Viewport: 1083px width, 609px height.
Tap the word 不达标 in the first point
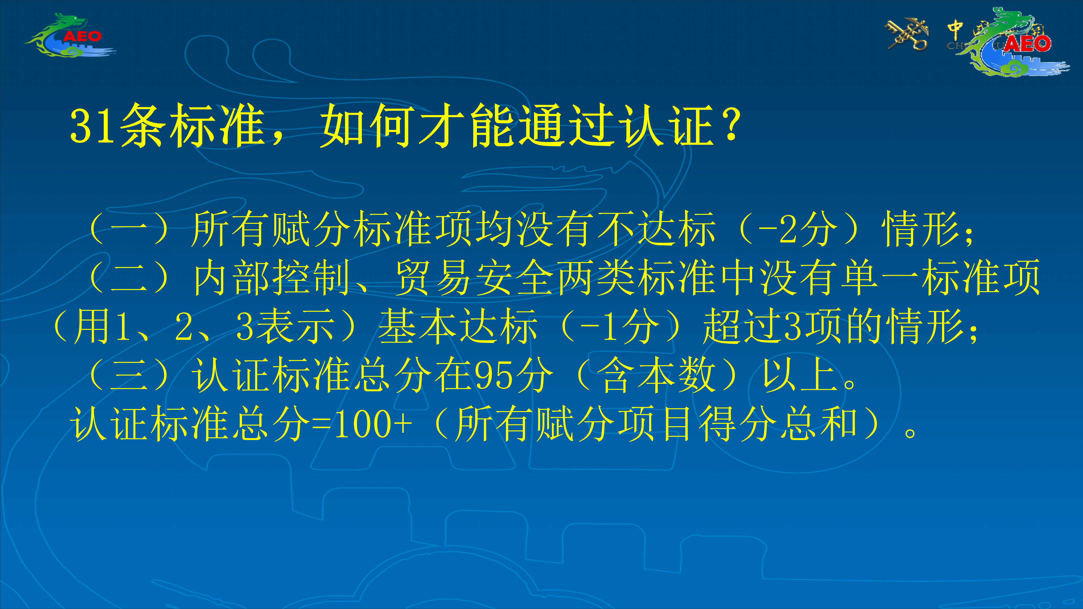[x=656, y=229]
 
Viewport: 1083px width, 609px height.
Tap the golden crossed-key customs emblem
[x=908, y=34]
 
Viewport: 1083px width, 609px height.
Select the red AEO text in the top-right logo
[x=1027, y=44]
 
